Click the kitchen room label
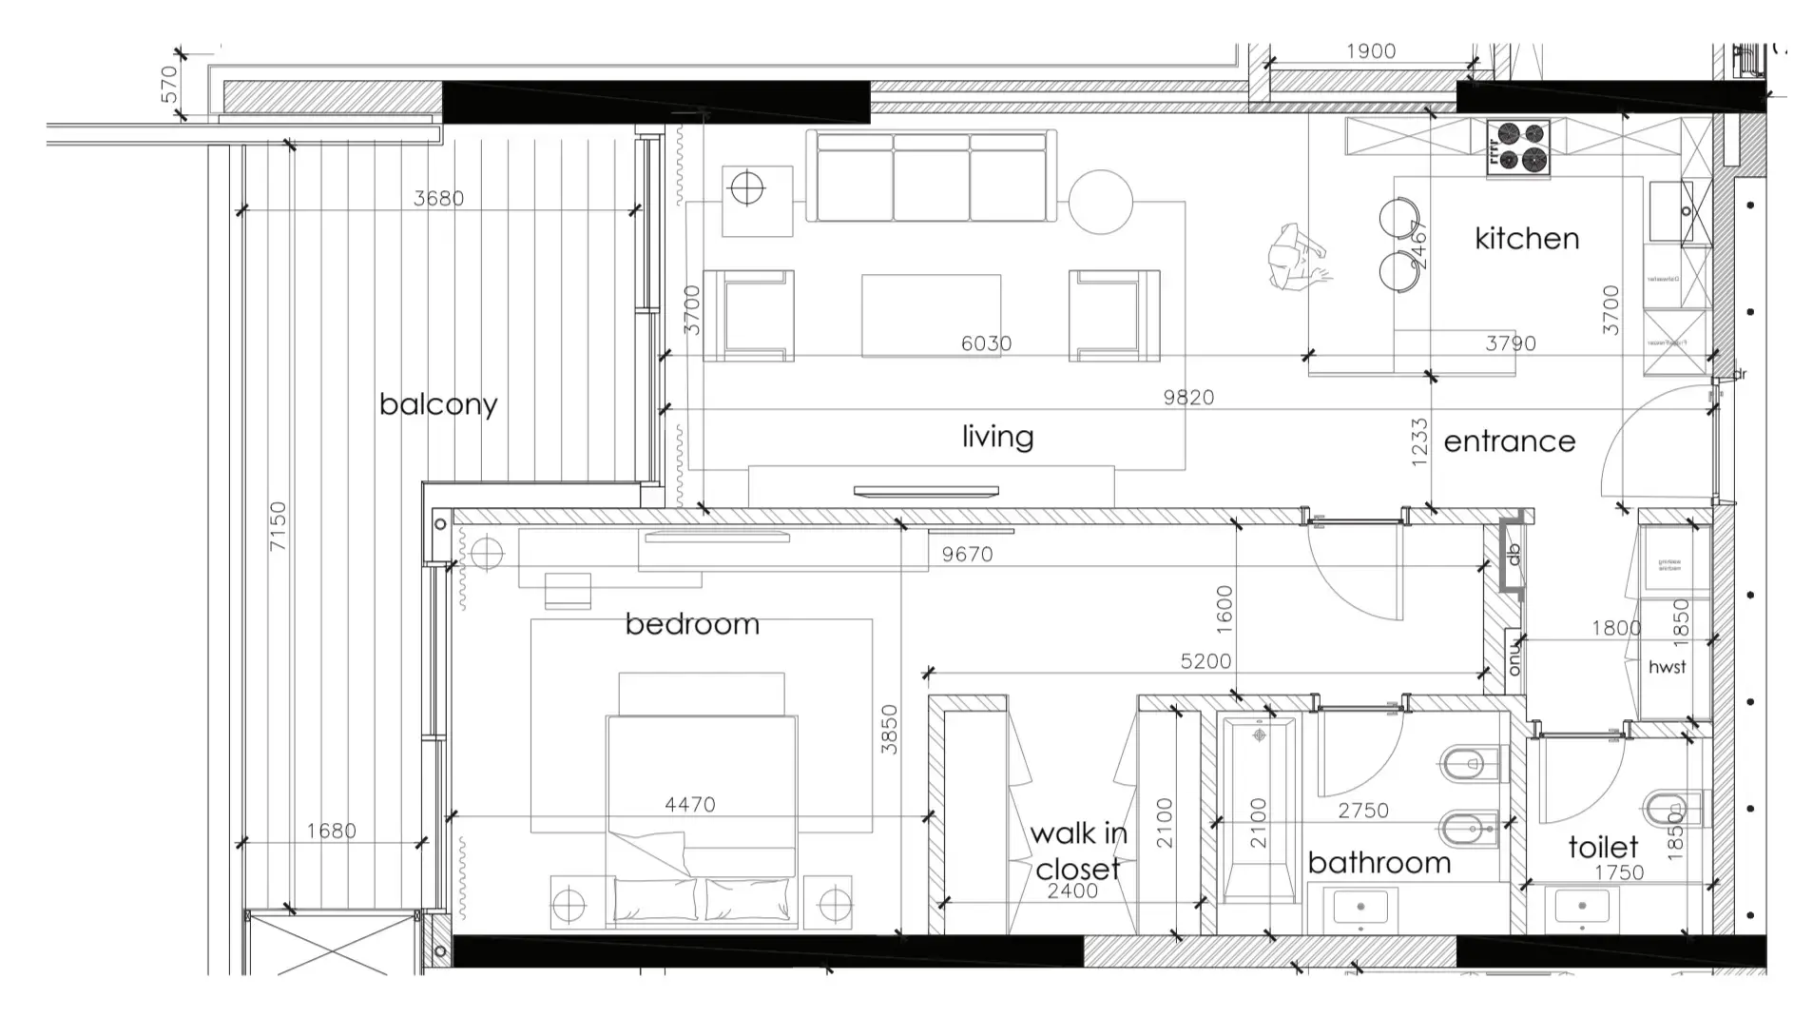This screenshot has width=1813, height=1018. click(1526, 238)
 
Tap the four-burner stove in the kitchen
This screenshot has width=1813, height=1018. click(1518, 147)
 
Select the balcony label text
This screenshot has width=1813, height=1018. click(437, 404)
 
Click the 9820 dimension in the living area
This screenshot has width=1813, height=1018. click(1188, 397)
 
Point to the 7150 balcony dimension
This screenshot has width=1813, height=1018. click(277, 526)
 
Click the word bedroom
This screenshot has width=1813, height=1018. click(692, 624)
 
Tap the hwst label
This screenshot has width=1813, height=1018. click(1667, 667)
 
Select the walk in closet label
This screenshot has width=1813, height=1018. click(1078, 851)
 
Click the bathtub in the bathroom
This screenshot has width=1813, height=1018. click(1259, 809)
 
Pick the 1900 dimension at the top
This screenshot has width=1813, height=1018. click(1370, 51)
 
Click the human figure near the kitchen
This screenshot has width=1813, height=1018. click(1297, 257)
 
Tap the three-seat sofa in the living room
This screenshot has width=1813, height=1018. click(931, 176)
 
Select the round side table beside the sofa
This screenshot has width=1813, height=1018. click(1100, 202)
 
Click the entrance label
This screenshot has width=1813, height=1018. click(1509, 441)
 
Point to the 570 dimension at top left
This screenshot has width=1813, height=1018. click(169, 84)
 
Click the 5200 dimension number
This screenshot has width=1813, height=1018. click(1205, 661)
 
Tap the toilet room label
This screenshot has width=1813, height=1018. click(1603, 847)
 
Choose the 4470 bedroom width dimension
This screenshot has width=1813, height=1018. click(689, 805)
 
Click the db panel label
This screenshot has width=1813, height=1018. click(1514, 554)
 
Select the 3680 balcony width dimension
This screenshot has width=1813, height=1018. click(438, 198)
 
